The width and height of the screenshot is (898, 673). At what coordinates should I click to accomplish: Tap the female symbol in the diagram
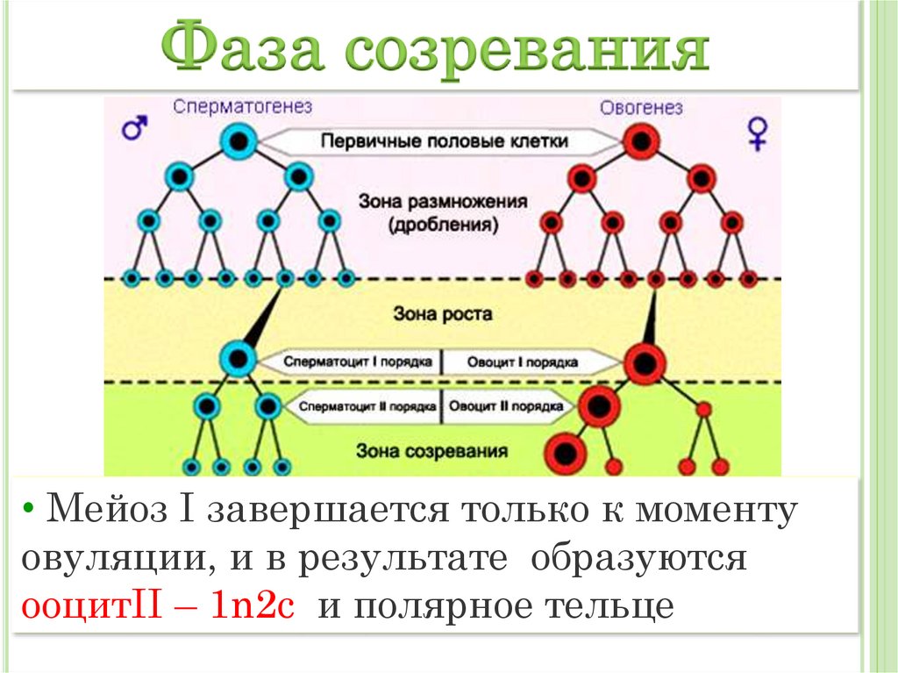point(757,132)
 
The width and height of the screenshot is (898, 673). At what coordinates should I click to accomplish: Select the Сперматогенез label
point(242,106)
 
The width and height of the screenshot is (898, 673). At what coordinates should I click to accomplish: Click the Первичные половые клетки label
point(443,141)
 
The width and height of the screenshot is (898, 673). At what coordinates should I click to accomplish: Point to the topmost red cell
point(644,140)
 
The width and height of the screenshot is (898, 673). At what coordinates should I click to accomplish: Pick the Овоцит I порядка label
point(522,361)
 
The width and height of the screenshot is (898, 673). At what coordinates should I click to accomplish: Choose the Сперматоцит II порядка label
point(367,407)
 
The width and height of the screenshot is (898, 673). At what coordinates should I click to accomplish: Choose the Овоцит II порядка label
point(506,407)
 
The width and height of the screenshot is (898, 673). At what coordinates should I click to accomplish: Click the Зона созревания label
point(433,451)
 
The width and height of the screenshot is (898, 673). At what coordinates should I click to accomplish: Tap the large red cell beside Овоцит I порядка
point(645,360)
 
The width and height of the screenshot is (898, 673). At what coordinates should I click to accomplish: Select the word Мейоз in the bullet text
point(98,511)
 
